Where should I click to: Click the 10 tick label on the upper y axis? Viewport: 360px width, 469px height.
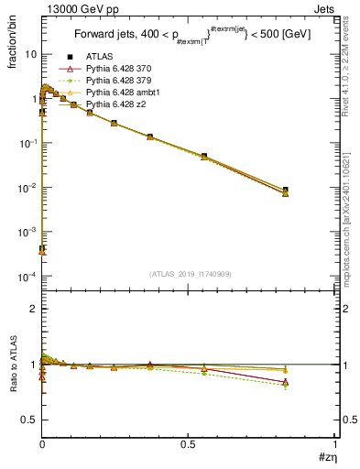click(x=29, y=54)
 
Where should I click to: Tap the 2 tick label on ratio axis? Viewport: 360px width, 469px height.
click(x=33, y=309)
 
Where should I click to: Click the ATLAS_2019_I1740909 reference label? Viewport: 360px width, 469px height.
click(x=189, y=274)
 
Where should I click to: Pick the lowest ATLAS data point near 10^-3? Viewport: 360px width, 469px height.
click(x=42, y=248)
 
